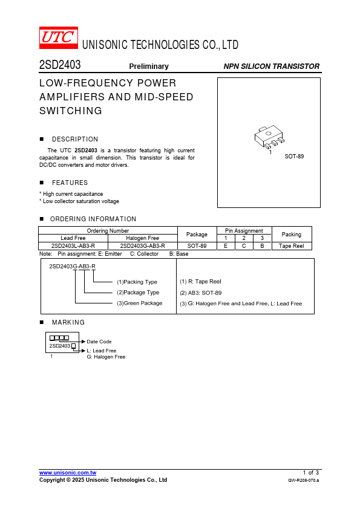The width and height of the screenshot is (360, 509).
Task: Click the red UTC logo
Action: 59,37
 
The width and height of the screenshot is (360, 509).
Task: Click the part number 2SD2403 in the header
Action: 60,65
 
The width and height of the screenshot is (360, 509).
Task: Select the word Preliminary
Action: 149,66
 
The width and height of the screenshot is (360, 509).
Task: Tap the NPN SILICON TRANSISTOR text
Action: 271,66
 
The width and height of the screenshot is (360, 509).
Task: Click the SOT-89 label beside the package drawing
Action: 294,157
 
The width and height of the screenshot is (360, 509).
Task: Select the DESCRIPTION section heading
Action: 75,139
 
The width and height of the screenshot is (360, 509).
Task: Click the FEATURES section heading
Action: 70,183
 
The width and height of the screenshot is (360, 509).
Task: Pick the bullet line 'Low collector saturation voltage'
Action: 80,201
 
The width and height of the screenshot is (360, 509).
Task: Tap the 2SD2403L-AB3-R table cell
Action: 73,246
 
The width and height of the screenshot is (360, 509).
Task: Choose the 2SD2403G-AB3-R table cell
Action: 142,246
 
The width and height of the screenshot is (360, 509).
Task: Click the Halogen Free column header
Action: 142,238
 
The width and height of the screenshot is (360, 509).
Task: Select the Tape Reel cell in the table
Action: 291,246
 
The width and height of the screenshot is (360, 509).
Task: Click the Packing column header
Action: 291,235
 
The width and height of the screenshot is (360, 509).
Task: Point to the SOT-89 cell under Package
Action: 197,246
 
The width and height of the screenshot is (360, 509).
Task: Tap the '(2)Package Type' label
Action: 138,293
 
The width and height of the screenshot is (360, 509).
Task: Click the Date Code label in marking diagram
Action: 99,342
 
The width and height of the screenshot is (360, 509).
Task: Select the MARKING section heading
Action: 68,323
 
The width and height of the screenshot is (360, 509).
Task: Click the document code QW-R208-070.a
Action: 303,481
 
